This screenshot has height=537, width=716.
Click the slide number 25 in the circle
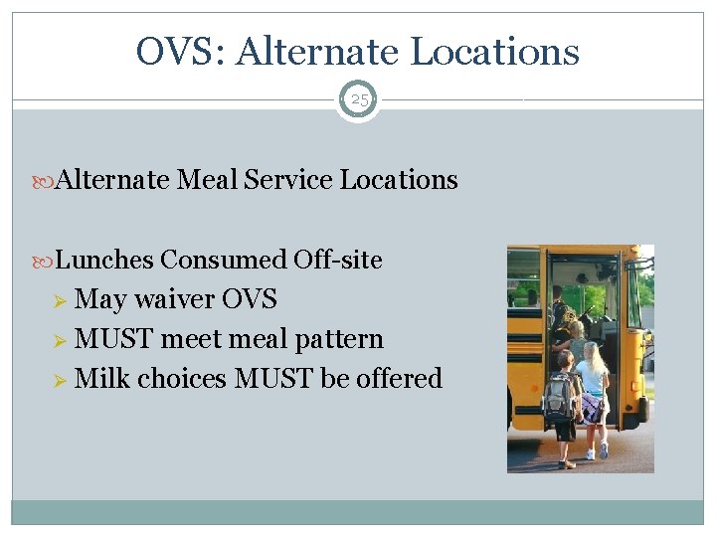(x=358, y=99)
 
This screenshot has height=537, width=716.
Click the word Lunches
(x=104, y=260)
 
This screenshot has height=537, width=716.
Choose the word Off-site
(x=338, y=260)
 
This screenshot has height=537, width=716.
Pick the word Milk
(x=102, y=379)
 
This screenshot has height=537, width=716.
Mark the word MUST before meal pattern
(x=114, y=339)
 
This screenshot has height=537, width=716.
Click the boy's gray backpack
(x=558, y=396)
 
